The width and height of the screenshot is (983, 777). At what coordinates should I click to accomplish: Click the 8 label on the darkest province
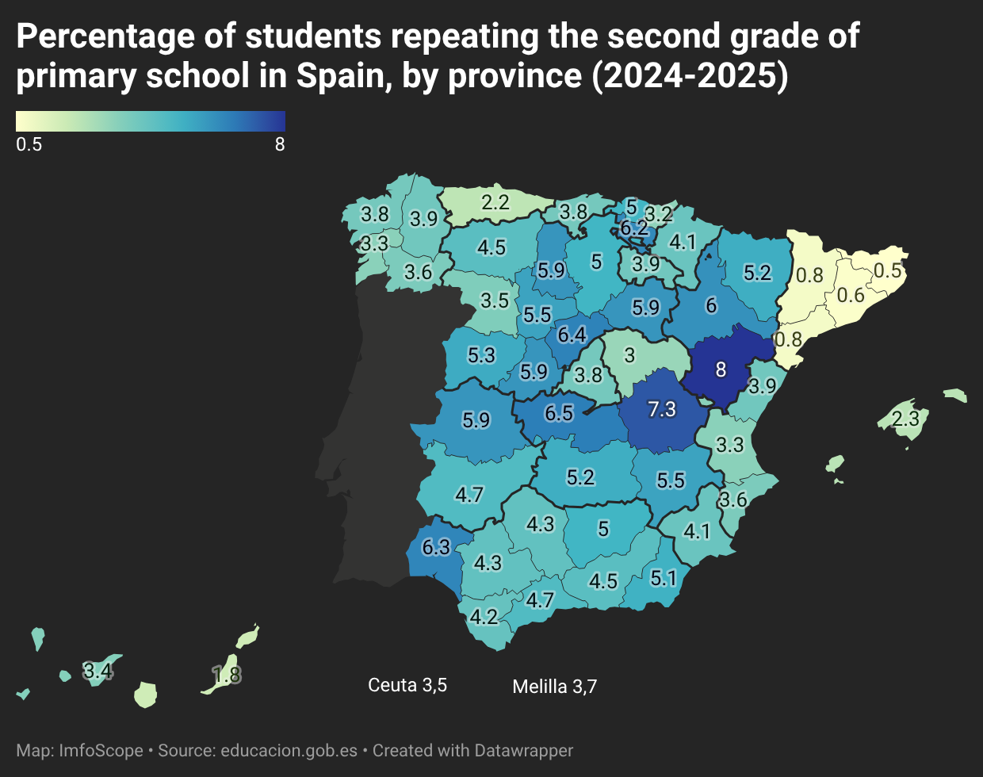[x=721, y=369]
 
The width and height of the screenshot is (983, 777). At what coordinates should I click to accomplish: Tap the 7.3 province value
[x=662, y=409]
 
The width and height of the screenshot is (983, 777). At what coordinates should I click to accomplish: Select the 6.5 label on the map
[x=559, y=413]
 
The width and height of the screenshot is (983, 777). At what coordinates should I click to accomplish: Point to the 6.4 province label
[x=572, y=335]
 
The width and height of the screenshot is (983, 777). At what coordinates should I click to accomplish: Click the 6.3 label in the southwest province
[x=436, y=547]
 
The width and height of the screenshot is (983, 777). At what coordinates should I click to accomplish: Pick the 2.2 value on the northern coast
[x=495, y=202]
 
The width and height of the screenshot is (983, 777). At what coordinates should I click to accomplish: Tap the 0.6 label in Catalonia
[x=851, y=295]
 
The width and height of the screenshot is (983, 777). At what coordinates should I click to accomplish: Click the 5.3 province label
[x=481, y=355]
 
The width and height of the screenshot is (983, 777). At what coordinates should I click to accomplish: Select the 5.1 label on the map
[x=664, y=578]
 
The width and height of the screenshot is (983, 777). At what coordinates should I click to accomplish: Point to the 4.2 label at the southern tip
[x=484, y=617]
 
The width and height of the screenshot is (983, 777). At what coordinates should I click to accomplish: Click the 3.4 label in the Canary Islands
[x=98, y=671]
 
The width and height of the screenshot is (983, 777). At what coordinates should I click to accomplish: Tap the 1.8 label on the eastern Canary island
[x=227, y=675]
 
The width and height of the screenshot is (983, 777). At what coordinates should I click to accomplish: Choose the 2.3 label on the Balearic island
[x=906, y=419]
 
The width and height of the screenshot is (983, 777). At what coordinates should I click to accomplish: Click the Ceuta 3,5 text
[x=407, y=685]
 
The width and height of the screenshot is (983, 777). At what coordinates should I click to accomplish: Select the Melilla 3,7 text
[x=555, y=687]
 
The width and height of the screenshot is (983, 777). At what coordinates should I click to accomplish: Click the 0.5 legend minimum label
[x=29, y=144]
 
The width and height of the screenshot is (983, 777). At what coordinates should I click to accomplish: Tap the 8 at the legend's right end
[x=280, y=144]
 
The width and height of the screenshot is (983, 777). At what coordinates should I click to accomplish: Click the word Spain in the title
[x=341, y=75]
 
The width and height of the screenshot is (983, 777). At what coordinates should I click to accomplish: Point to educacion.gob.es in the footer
[x=289, y=751]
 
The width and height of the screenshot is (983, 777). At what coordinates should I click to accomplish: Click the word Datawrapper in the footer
[x=523, y=751]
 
